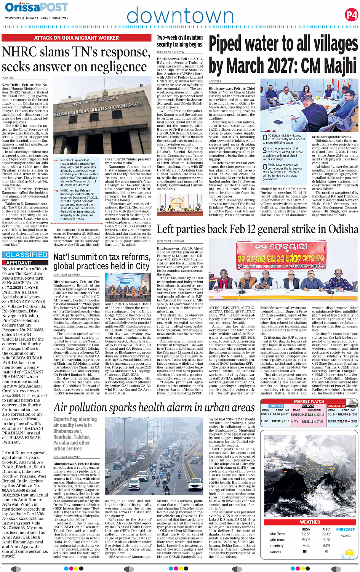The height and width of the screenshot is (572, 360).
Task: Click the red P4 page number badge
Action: pos(351,15)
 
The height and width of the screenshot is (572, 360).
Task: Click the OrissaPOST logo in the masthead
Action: pos(36,7)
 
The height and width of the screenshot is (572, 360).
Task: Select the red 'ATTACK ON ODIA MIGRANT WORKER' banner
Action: pos(77,38)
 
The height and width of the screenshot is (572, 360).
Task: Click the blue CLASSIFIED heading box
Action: pos(27,255)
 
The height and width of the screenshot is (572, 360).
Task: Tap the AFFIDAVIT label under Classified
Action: pos(19,263)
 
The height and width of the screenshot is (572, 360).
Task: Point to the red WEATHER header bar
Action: pos(310,522)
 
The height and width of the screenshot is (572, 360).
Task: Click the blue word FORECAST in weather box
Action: pos(345,529)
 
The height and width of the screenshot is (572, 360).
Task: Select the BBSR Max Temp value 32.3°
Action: pos(306,534)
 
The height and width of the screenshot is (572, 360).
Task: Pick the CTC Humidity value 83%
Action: pos(326,545)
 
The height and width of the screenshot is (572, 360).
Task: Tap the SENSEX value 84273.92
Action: pos(307,414)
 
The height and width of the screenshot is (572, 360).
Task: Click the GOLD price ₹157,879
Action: pos(343,414)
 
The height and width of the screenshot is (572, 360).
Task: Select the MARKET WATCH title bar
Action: pos(309,401)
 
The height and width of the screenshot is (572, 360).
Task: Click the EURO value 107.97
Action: pos(276,421)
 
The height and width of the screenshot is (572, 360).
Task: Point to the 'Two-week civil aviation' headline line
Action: pos(180,37)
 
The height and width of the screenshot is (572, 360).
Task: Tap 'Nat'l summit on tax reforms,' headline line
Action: pos(102,257)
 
